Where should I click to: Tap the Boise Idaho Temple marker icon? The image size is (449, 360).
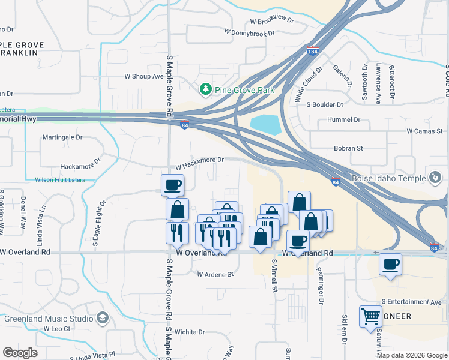435,177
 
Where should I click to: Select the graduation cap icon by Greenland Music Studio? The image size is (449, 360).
102,317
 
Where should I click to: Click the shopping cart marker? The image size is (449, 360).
370,316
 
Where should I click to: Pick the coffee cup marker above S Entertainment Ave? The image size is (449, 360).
390,264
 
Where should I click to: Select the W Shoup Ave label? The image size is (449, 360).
143,76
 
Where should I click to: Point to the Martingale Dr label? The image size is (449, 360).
62,137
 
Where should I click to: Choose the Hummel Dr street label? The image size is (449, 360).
344,119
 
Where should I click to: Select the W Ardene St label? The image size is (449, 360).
215,274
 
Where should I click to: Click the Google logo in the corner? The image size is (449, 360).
20,353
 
